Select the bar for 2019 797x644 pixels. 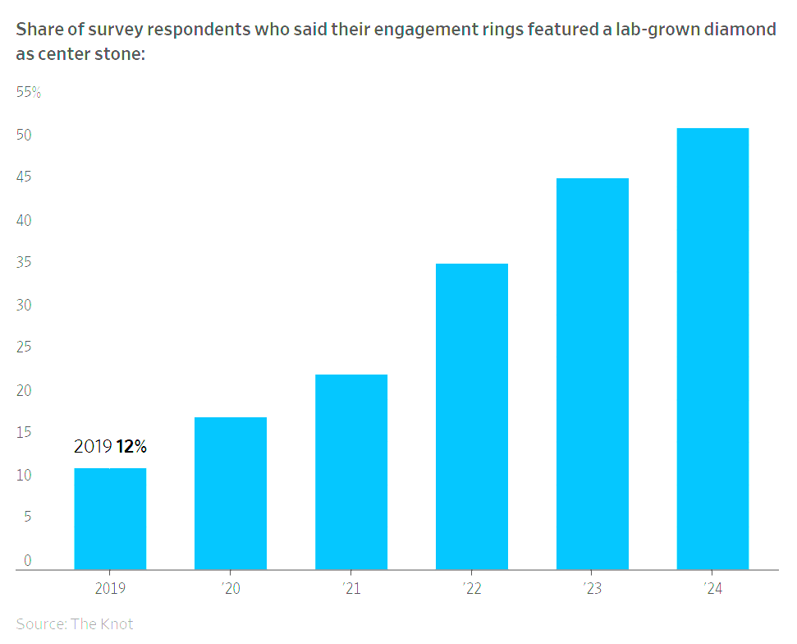[110, 519]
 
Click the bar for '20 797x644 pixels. [231, 494]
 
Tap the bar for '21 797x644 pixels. [351, 472]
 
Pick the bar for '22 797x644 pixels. [472, 416]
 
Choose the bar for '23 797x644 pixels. [593, 374]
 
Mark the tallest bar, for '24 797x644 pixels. [712, 349]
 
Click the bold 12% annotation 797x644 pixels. [131, 446]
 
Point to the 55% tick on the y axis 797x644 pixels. [29, 92]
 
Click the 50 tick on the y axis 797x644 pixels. [24, 135]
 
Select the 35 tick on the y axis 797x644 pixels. [24, 262]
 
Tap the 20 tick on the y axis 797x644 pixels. [24, 390]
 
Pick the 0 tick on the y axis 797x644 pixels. [27, 560]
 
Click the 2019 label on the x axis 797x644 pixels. [110, 588]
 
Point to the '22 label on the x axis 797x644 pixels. [472, 588]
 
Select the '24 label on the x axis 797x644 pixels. [713, 588]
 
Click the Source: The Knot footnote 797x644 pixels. [75, 623]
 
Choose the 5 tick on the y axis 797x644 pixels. [27, 517]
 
